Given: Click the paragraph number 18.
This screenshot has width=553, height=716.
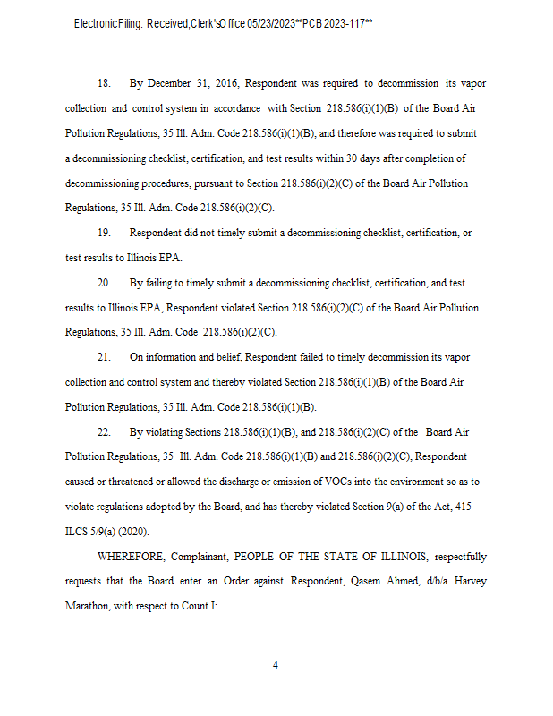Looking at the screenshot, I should [x=104, y=83].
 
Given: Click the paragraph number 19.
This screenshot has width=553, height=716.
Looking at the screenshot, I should [x=104, y=234].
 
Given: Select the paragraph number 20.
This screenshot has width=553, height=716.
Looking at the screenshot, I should [x=104, y=283].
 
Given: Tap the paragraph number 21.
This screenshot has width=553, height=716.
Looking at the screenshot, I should [x=104, y=357].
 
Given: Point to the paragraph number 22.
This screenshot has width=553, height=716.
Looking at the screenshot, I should [x=104, y=432].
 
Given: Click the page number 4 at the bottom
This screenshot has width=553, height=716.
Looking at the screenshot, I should [x=276, y=665].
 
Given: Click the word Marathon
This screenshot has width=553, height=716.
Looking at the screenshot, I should [x=88, y=606].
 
